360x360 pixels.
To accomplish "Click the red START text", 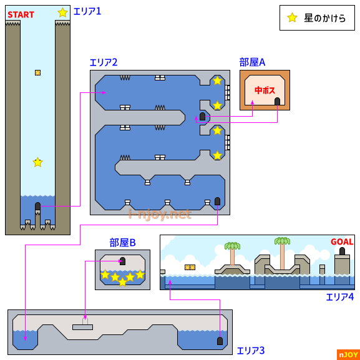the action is point(21,15).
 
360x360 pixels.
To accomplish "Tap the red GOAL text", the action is point(342,241).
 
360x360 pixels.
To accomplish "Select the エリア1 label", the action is point(87,11).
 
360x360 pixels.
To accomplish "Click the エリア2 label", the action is point(104,62).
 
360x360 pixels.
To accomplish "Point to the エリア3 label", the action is point(251,351).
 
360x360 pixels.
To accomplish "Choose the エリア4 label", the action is point(340,297).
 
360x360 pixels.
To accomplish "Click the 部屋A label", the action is point(252,62).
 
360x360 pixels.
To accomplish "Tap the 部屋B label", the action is point(123,243).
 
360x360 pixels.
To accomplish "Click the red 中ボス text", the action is point(265,90).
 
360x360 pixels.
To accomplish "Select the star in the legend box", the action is point(292,17).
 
